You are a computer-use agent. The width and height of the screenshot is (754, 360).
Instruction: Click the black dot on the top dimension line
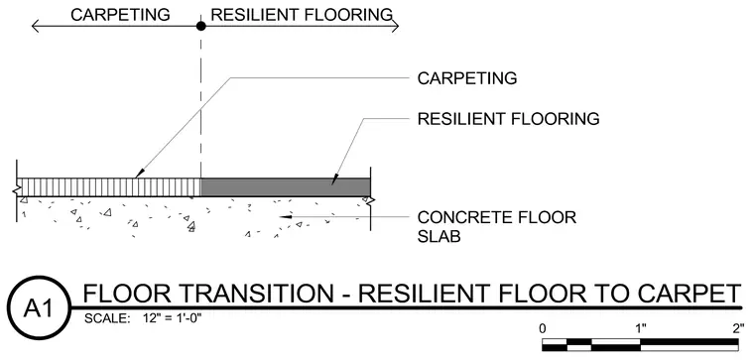click(201, 26)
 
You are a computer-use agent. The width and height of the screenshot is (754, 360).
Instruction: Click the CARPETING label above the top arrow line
click(120, 15)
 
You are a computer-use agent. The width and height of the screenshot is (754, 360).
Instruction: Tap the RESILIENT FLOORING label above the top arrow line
click(302, 15)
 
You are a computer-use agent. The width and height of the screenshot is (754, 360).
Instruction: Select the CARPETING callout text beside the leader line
click(467, 78)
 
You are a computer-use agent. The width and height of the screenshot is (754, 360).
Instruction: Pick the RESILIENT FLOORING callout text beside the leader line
click(508, 118)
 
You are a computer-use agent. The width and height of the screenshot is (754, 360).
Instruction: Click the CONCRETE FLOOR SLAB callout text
click(497, 226)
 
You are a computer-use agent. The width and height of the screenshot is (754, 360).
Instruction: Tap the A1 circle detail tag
click(40, 308)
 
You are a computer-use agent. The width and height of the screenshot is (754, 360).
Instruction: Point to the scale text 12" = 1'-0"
click(173, 318)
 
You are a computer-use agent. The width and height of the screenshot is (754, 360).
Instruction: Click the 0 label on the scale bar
click(543, 329)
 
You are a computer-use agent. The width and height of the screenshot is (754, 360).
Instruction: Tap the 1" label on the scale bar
click(640, 329)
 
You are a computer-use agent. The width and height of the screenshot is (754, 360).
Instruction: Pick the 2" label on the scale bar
click(738, 329)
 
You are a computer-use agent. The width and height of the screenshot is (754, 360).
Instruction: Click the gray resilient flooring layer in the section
click(286, 187)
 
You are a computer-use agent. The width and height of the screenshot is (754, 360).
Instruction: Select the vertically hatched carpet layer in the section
click(109, 187)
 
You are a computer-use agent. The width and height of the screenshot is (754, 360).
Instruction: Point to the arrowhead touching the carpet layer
click(140, 174)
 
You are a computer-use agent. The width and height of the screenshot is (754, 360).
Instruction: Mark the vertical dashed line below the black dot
click(201, 104)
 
